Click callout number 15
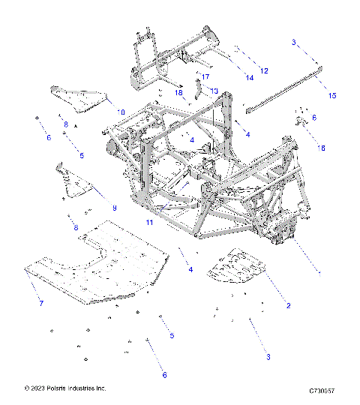332,95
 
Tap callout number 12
264,70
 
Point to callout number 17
205,76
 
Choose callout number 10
120,112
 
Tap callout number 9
115,207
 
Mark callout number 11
149,223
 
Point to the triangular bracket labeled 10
79,95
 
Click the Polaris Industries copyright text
65,388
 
